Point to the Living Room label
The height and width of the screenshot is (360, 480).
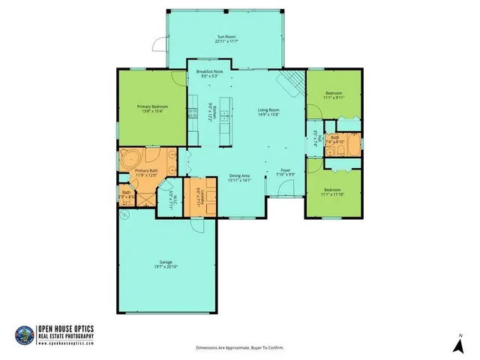(269, 110)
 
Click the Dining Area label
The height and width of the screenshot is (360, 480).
(240, 175)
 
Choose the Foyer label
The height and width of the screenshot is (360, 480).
(285, 170)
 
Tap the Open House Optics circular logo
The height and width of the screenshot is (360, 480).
(25, 334)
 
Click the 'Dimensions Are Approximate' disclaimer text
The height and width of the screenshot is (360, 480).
(240, 348)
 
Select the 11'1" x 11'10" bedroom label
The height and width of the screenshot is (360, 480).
(331, 193)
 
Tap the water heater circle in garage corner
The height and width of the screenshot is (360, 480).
(125, 214)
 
